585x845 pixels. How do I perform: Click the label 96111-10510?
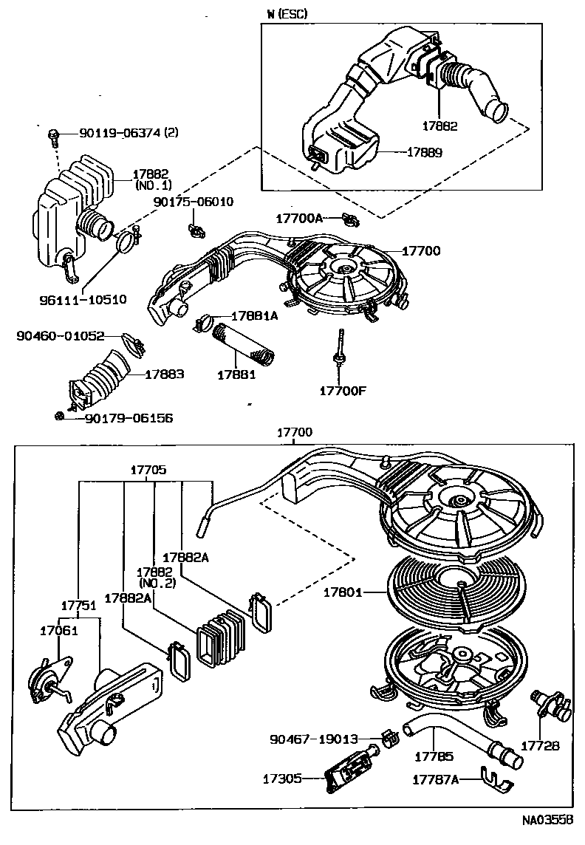(x=82, y=300)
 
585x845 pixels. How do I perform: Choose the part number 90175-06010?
(x=194, y=201)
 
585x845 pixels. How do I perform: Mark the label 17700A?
(x=299, y=218)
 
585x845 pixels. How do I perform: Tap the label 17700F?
(x=342, y=390)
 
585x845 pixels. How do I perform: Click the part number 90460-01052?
(x=60, y=336)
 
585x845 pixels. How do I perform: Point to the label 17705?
(x=148, y=469)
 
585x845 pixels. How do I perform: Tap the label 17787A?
(x=435, y=779)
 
